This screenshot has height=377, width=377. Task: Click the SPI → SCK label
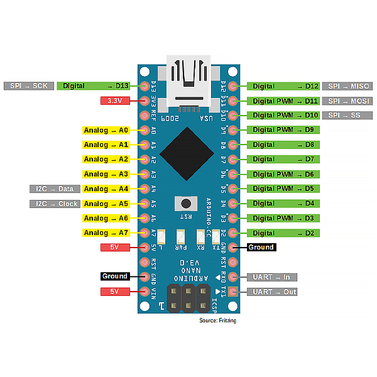[29, 85]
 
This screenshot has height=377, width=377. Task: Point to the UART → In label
[272, 276]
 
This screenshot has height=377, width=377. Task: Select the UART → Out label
[272, 292]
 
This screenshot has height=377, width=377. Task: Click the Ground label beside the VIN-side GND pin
[115, 276]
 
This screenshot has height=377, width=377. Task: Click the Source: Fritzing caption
[217, 320]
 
